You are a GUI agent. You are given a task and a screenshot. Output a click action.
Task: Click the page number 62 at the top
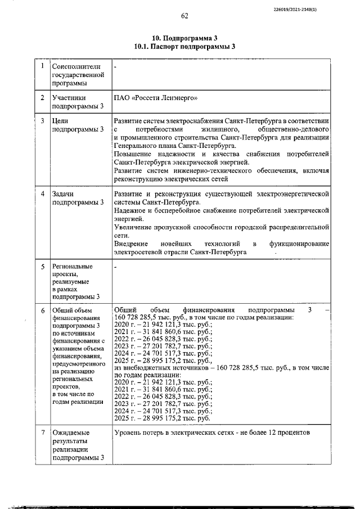click(x=184, y=16)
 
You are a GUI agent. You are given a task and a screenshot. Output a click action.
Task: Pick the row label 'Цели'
click(x=60, y=121)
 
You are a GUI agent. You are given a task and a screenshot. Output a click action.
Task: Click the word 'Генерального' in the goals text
click(x=135, y=145)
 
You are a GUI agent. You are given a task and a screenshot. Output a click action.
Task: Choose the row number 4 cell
click(x=42, y=193)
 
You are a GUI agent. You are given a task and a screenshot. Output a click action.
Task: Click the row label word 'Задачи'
click(x=64, y=194)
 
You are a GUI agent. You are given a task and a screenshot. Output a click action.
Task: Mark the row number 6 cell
click(x=42, y=310)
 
